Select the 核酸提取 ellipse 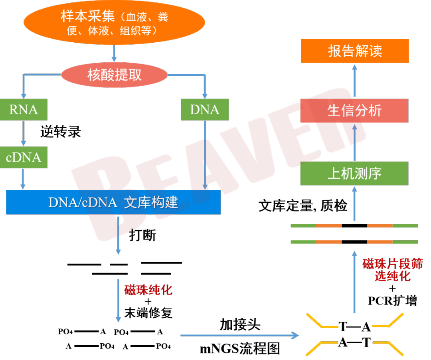[x=115, y=75]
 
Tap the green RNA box [x=24, y=110]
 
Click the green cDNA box [x=24, y=157]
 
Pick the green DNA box [x=205, y=110]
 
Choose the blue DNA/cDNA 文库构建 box [x=113, y=202]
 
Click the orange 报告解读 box [x=355, y=51]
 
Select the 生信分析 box [x=354, y=111]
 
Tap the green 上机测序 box [x=354, y=173]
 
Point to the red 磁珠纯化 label [x=148, y=290]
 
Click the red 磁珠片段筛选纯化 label [x=392, y=270]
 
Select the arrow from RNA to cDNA [x=24, y=133]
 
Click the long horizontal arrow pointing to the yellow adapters [x=239, y=335]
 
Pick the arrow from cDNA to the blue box [x=23, y=179]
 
